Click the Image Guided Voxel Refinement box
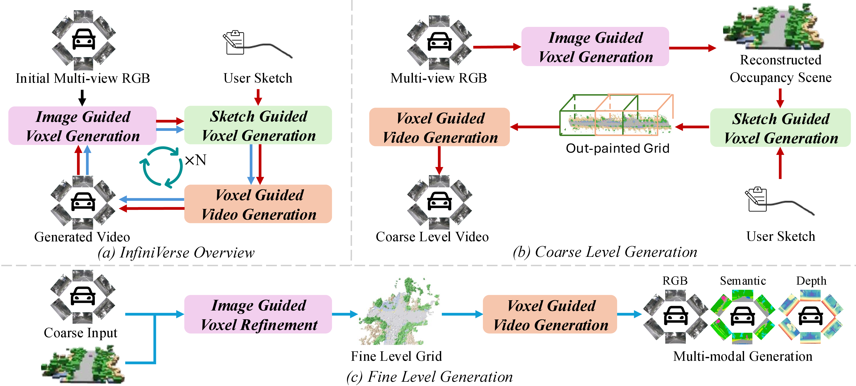click(258, 314)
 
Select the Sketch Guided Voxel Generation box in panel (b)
click(780, 128)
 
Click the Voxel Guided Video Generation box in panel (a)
click(258, 204)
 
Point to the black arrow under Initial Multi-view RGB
click(82, 98)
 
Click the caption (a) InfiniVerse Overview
click(176, 253)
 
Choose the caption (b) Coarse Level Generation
click(605, 252)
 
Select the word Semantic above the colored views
click(743, 281)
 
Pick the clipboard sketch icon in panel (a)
click(234, 43)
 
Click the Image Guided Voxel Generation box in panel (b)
click(595, 47)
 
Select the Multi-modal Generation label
click(743, 356)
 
